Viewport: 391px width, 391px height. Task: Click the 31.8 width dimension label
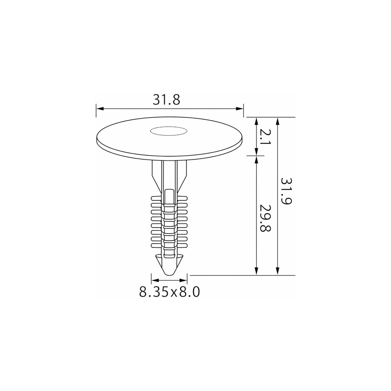(166, 100)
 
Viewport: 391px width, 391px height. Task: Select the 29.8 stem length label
(265, 219)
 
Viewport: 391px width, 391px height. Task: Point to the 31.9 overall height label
(286, 191)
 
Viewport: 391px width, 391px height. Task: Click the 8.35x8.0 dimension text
(170, 292)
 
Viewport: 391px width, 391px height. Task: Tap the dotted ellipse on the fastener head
(169, 131)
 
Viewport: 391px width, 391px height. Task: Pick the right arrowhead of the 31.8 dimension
(239, 109)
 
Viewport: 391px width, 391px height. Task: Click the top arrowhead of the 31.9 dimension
(278, 121)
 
